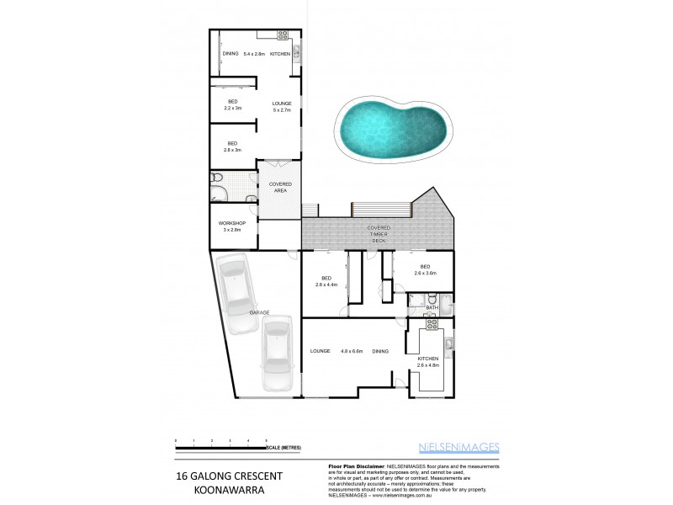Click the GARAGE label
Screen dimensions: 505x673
click(259, 312)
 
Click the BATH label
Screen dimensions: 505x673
click(432, 309)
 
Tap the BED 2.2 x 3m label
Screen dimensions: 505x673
click(233, 105)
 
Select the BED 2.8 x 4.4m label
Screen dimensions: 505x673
click(326, 281)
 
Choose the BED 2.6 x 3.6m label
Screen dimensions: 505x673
click(426, 270)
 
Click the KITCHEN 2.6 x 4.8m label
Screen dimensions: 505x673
click(429, 363)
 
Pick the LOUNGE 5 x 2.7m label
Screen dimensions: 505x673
click(281, 106)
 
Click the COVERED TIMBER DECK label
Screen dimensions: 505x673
click(378, 234)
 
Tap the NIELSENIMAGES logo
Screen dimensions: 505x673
click(458, 447)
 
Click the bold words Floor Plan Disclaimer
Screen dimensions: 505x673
click(354, 465)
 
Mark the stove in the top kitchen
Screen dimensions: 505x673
click(283, 35)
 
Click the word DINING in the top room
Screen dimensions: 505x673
click(231, 54)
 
